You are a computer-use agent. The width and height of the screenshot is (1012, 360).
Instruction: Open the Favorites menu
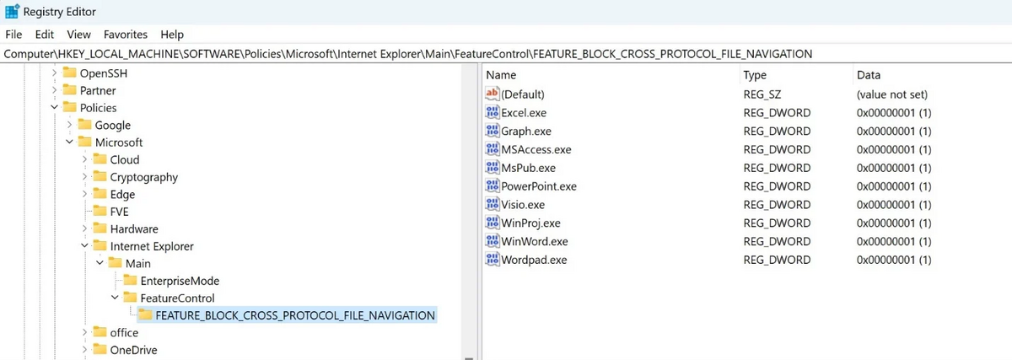click(125, 35)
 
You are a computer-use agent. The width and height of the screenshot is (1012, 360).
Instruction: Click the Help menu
click(172, 35)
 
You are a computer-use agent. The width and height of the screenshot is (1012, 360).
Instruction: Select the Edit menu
click(44, 35)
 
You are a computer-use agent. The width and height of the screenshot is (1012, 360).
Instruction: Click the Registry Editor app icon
click(12, 11)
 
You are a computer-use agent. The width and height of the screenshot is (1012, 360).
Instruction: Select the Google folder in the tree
click(112, 125)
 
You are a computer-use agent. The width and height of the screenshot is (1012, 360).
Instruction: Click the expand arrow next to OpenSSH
click(54, 73)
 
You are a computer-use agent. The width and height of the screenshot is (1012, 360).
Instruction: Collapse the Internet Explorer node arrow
click(84, 245)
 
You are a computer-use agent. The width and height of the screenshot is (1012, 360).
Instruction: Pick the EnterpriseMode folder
click(180, 281)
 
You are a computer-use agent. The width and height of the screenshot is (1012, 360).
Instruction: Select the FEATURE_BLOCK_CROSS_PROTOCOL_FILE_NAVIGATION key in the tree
click(295, 315)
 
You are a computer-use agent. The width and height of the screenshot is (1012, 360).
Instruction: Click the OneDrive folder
click(133, 350)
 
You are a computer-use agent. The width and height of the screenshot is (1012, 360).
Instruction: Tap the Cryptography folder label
click(143, 177)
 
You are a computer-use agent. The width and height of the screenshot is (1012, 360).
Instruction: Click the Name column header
click(501, 75)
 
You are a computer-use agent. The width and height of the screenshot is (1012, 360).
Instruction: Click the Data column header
click(869, 75)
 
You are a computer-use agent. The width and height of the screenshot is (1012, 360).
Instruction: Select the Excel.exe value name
click(524, 112)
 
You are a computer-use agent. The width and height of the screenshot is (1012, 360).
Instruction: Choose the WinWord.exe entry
click(535, 241)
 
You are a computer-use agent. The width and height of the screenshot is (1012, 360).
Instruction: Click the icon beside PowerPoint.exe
click(492, 185)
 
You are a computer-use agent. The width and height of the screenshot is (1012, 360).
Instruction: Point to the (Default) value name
click(523, 94)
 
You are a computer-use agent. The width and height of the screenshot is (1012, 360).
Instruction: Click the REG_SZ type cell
click(762, 94)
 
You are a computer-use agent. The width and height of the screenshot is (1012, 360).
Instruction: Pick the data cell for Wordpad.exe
click(894, 260)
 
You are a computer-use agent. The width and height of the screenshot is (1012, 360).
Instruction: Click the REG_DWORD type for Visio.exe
click(777, 205)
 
